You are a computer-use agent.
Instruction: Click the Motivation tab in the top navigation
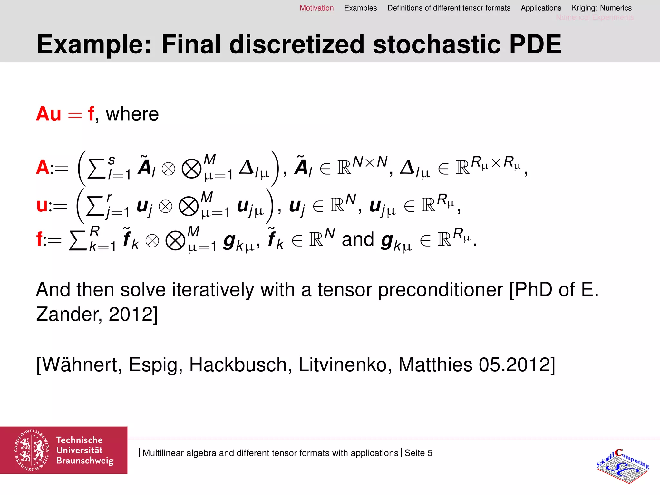coord(316,8)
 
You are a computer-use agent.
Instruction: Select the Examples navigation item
coord(360,8)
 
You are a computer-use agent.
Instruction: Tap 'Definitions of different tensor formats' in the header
coord(449,8)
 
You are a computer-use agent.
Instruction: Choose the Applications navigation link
coord(541,8)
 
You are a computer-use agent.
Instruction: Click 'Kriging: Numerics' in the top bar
coord(601,8)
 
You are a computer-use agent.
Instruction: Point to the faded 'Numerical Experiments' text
coord(595,17)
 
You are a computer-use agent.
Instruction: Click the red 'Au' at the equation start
coord(49,114)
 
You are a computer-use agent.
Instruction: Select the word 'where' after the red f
coord(132,114)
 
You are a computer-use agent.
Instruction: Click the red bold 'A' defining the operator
coord(43,167)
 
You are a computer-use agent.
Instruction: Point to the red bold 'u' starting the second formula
coord(42,205)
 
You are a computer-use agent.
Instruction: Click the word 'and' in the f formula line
coord(358,239)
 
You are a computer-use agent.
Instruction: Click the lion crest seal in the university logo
coord(32,450)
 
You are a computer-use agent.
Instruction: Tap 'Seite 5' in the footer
coord(418,453)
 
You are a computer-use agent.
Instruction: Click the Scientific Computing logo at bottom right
coord(622,466)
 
